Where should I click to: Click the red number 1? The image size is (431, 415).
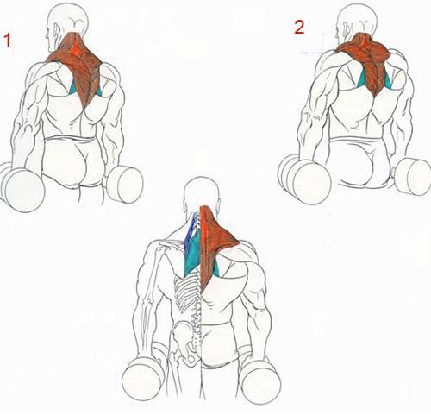point(7,40)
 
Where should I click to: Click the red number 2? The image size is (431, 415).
point(299,28)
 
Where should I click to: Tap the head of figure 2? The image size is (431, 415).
point(357,22)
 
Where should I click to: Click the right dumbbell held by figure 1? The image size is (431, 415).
point(126,184)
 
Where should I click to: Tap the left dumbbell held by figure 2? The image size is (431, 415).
point(304,179)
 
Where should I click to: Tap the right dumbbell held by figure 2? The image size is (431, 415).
point(413,176)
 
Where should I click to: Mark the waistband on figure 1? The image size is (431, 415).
point(72,139)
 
